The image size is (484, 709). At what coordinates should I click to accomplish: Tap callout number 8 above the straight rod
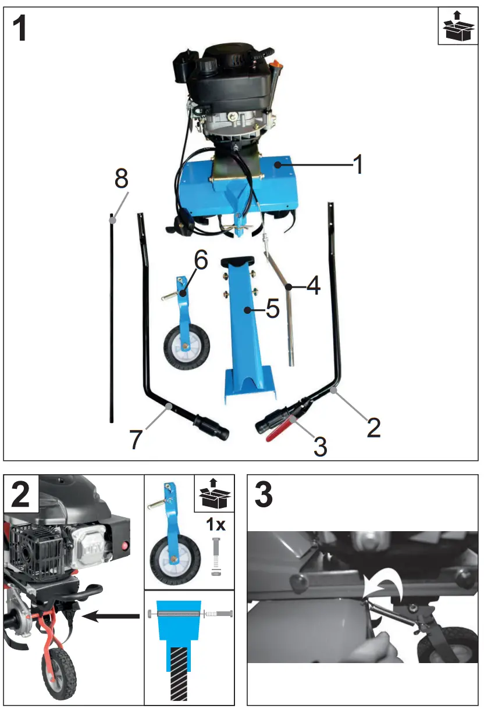click(121, 179)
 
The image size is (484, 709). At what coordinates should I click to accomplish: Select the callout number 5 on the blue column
click(272, 309)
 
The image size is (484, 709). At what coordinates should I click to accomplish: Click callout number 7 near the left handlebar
click(136, 439)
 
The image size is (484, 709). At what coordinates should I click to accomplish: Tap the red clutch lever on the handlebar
click(282, 430)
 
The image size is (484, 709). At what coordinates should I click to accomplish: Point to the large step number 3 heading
click(264, 495)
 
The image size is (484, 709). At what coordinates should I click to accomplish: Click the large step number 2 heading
click(21, 495)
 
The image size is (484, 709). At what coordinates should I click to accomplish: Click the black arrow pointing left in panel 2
click(110, 617)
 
